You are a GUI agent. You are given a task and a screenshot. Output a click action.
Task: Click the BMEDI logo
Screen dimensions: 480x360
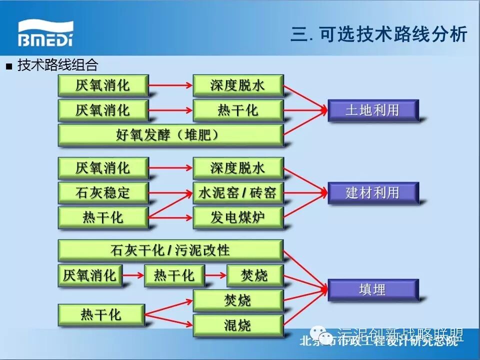46,33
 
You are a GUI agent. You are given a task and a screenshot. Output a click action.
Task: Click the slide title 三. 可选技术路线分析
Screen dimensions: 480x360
378,34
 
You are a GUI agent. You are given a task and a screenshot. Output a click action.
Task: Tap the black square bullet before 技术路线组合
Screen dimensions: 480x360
8,66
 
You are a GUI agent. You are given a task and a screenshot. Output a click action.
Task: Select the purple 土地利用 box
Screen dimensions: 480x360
372,110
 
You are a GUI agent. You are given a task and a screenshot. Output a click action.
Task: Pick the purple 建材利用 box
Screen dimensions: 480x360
372,192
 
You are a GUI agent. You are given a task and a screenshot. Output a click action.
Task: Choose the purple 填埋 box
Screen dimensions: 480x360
372,289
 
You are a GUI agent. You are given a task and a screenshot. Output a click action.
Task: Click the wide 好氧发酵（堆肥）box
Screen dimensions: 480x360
170,135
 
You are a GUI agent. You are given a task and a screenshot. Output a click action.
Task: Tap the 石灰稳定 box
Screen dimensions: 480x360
103,192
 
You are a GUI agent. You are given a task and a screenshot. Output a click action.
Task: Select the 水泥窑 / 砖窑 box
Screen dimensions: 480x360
238,192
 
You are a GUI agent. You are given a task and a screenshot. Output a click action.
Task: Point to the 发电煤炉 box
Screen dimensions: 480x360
238,217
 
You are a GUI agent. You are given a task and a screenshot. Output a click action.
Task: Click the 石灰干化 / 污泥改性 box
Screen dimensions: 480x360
170,250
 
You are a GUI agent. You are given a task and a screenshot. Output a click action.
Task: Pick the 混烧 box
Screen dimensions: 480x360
238,325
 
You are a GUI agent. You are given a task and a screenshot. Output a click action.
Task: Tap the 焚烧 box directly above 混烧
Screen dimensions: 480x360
238,300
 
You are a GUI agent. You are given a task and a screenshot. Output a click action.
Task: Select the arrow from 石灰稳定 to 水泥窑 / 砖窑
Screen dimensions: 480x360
170,192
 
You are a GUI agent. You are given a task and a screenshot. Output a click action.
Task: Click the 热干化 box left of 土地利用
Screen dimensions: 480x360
238,110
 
